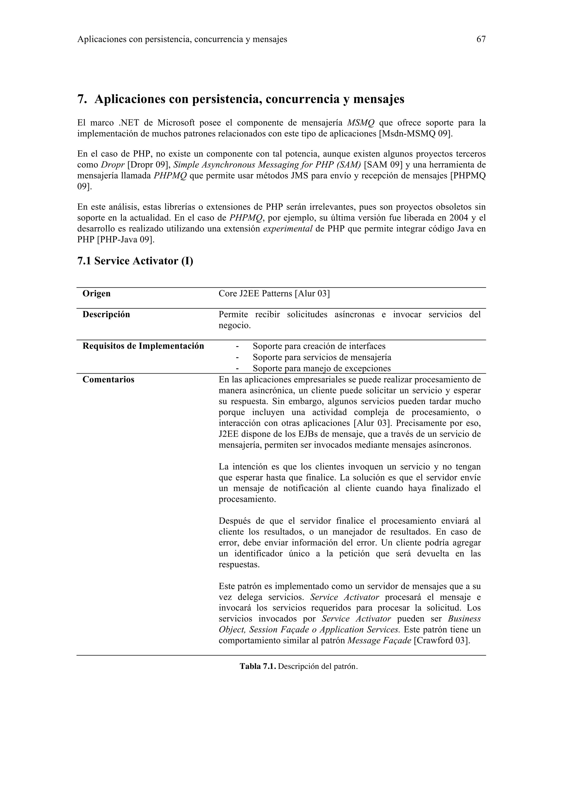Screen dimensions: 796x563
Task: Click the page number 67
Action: coord(481,40)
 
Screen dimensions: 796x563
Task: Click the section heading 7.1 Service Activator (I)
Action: coord(135,261)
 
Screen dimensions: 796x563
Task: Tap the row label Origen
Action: coord(96,294)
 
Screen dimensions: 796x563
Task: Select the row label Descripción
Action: coord(106,314)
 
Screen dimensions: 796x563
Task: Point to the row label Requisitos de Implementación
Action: coord(143,346)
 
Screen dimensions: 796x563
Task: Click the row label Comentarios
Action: coord(108,380)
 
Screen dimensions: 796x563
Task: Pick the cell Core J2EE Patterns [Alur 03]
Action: coord(274,294)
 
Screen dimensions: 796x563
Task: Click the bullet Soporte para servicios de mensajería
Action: coord(322,357)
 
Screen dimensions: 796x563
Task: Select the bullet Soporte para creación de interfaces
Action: coord(319,346)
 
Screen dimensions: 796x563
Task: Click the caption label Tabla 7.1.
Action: coord(258,666)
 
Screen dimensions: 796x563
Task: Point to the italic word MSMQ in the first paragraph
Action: coord(361,123)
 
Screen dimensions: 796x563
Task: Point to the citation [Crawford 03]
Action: coord(442,641)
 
